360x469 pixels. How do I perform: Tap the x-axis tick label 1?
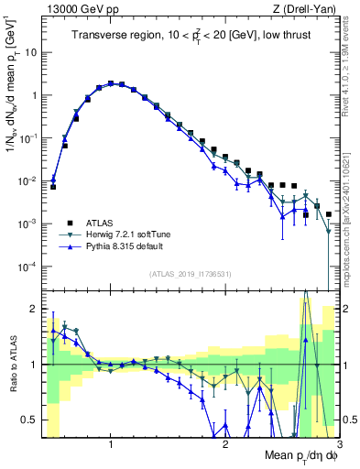point(111,442)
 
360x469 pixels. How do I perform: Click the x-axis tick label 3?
point(338,442)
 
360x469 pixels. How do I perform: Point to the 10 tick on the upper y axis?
point(30,52)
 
